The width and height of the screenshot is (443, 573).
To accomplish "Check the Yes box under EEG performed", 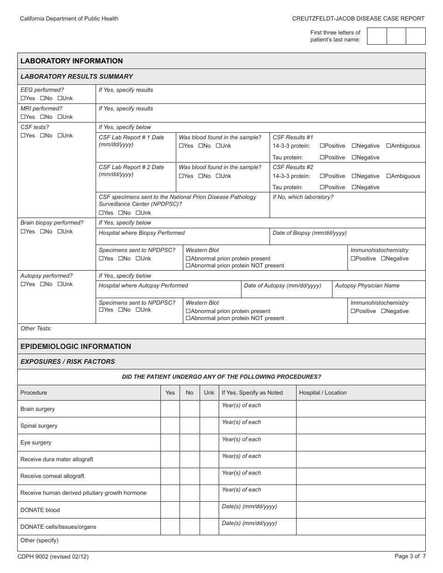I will [x=23, y=98].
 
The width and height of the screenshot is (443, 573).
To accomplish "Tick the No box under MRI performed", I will [x=42, y=117].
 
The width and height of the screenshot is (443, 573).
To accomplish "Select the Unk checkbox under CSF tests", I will [x=60, y=136].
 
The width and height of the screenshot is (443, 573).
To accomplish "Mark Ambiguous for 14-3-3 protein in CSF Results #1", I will [x=389, y=146].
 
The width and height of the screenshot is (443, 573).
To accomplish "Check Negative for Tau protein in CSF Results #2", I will [x=354, y=187].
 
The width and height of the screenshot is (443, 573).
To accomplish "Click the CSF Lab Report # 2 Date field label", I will [x=131, y=167].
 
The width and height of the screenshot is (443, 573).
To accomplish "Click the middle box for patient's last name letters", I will [x=396, y=36].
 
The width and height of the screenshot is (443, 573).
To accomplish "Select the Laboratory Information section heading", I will [x=72, y=61].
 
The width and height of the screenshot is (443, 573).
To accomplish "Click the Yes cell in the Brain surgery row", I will [x=170, y=409].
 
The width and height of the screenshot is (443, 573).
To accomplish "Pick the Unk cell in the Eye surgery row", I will [x=209, y=443].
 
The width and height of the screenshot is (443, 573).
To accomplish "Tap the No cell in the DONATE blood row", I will [x=189, y=510].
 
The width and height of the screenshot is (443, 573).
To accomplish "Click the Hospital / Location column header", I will [x=323, y=393].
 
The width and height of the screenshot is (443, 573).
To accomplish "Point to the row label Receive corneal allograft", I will [x=52, y=476].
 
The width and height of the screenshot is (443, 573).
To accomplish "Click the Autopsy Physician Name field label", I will [x=367, y=286].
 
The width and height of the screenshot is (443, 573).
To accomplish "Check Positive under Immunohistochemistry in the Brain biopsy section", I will [x=353, y=259].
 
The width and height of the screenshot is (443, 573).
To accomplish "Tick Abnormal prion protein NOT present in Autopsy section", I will [x=188, y=318].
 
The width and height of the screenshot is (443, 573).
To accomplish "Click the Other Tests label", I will [x=36, y=328].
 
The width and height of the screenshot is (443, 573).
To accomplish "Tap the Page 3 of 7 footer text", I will [x=410, y=556].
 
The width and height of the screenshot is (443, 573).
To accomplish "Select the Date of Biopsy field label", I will [x=309, y=233].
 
